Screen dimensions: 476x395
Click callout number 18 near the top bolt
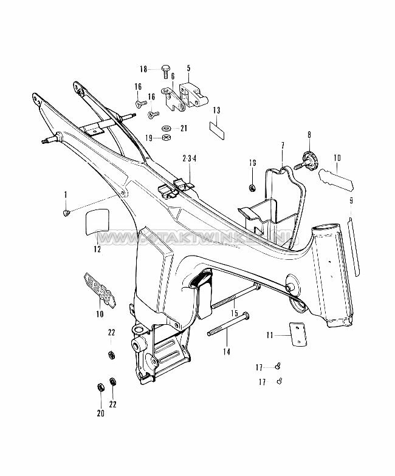pos(143,69)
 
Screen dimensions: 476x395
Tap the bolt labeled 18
pos(165,70)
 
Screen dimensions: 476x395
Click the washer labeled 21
pos(167,128)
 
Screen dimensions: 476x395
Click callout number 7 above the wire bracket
pos(283,146)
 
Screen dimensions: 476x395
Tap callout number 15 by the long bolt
pos(233,313)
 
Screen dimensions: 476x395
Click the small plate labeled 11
pos(298,335)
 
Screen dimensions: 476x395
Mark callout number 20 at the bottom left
pos(100,413)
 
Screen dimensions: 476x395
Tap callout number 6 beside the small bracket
pos(172,76)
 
